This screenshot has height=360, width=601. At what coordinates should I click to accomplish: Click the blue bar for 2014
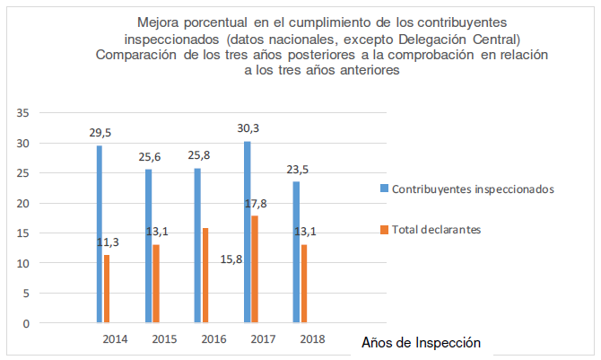coord(100,234)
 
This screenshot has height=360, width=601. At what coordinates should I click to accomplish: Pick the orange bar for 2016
coord(205,276)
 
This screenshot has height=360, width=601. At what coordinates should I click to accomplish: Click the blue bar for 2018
coord(295,252)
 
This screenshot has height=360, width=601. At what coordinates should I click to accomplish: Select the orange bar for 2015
coord(156,284)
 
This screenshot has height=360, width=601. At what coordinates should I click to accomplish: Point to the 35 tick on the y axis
coord(24,113)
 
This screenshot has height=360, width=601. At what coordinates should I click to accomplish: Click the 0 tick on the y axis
coord(27,323)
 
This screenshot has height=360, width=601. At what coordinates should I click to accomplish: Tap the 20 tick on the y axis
coord(24,203)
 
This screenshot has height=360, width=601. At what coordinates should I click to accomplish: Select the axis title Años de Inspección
coord(421,343)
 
